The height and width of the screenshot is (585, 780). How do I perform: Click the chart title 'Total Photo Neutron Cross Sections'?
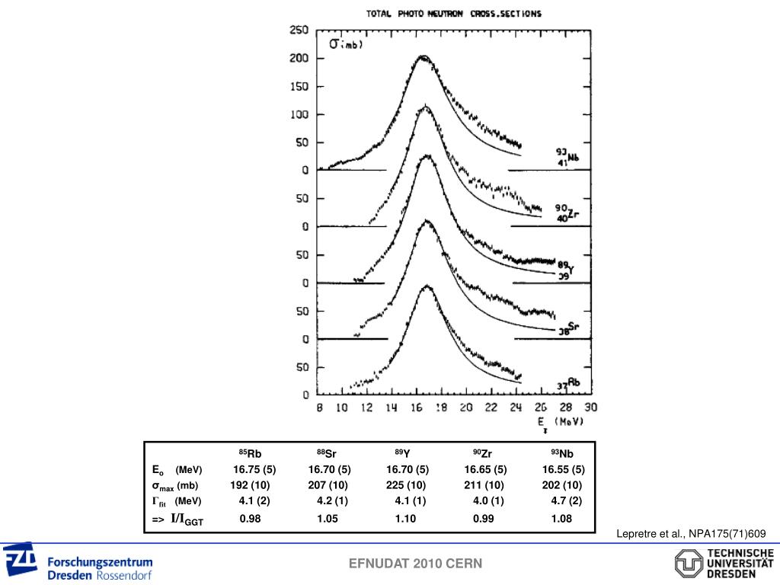pyautogui.click(x=454, y=13)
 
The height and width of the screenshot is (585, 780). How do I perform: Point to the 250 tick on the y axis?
pyautogui.click(x=297, y=30)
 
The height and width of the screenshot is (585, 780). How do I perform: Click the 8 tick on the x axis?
pyautogui.click(x=320, y=408)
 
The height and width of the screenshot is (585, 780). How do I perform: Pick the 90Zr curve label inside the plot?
pyautogui.click(x=565, y=213)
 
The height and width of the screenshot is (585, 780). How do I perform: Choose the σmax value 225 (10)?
pyautogui.click(x=406, y=485)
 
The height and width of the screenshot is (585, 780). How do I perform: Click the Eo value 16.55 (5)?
pyautogui.click(x=563, y=469)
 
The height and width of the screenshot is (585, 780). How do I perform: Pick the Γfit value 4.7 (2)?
pyautogui.click(x=566, y=501)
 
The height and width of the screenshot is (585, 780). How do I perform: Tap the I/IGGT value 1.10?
pyautogui.click(x=406, y=519)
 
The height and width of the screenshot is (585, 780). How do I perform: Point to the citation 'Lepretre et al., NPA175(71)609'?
pyautogui.click(x=691, y=535)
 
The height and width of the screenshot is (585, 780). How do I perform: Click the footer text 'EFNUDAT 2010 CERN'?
pyautogui.click(x=415, y=564)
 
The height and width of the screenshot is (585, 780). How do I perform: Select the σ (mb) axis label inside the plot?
pyautogui.click(x=345, y=44)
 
